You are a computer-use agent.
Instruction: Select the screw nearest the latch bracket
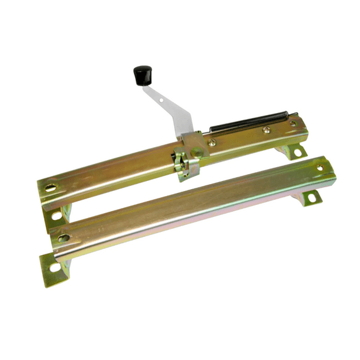(x=212, y=143)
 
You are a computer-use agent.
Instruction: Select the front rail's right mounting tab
(x=310, y=196)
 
